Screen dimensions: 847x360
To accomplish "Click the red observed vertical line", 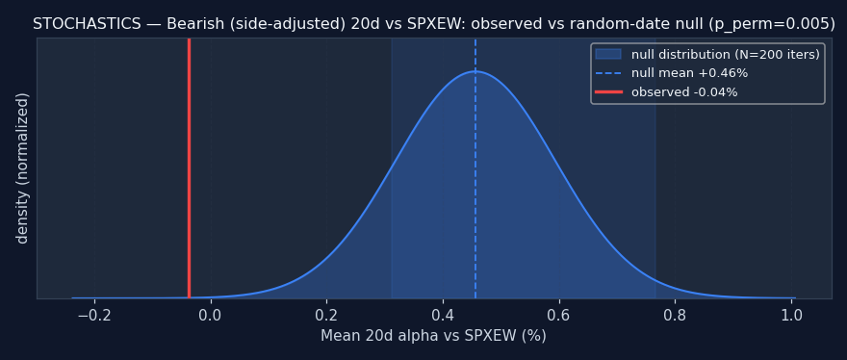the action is tap(189, 168).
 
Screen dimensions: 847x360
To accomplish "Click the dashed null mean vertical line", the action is tap(475, 168).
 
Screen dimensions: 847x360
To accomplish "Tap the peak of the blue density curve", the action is tap(475, 71).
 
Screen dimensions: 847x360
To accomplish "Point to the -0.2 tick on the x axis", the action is tap(94, 315).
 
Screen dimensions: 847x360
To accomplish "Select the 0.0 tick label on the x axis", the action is tap(211, 315).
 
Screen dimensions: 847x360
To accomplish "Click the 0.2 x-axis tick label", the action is tap(327, 315).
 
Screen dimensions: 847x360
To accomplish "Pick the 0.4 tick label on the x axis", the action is tap(443, 315).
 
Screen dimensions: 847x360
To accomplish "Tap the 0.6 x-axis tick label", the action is tap(559, 315).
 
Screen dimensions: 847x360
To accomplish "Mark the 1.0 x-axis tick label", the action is tap(791, 315).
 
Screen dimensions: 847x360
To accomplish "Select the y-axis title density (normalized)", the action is tap(22, 168).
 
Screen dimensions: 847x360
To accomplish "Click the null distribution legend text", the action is tap(726, 55).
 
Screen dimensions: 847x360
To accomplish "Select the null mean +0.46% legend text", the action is tap(689, 73).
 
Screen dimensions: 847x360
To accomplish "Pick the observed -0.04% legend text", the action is tap(684, 92).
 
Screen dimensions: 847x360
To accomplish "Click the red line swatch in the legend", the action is tap(608, 92).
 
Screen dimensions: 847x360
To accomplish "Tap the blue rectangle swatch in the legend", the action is tap(608, 54).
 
